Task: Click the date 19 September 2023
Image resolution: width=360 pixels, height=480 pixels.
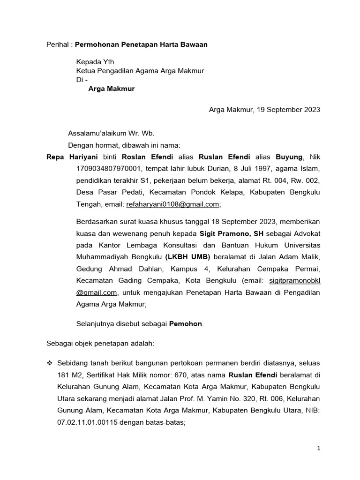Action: point(285,110)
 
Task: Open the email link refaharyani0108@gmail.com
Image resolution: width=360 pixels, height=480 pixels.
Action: point(172,204)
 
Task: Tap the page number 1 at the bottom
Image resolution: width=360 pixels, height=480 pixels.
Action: point(319,449)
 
